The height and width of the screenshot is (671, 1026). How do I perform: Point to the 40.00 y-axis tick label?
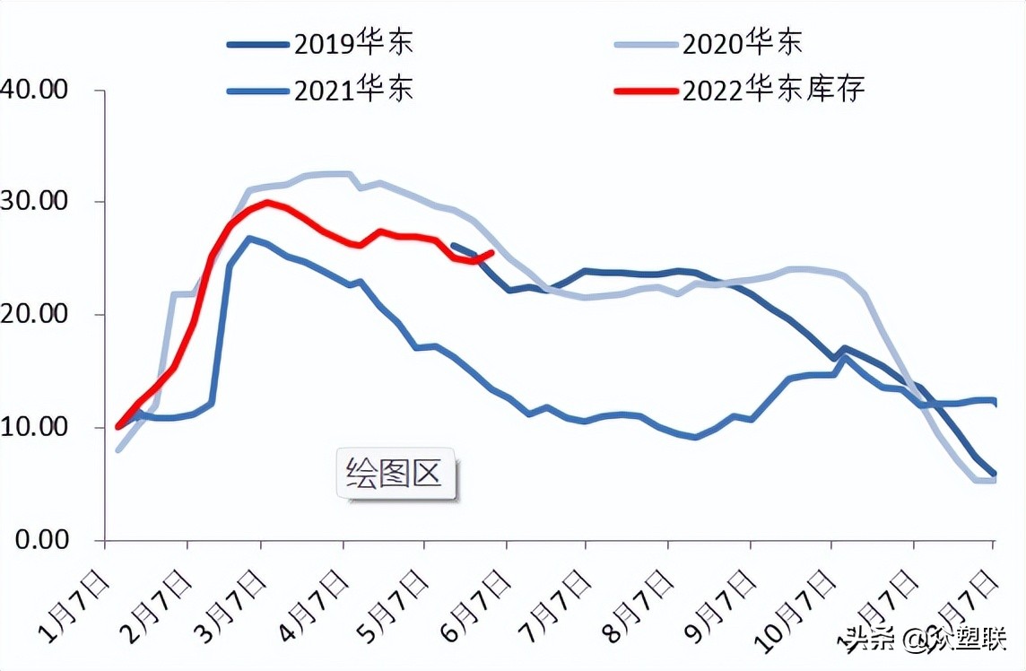pos(36,90)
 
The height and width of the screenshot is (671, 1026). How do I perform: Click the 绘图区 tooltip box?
pos(396,473)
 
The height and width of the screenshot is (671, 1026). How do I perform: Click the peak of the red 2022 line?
pos(266,203)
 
